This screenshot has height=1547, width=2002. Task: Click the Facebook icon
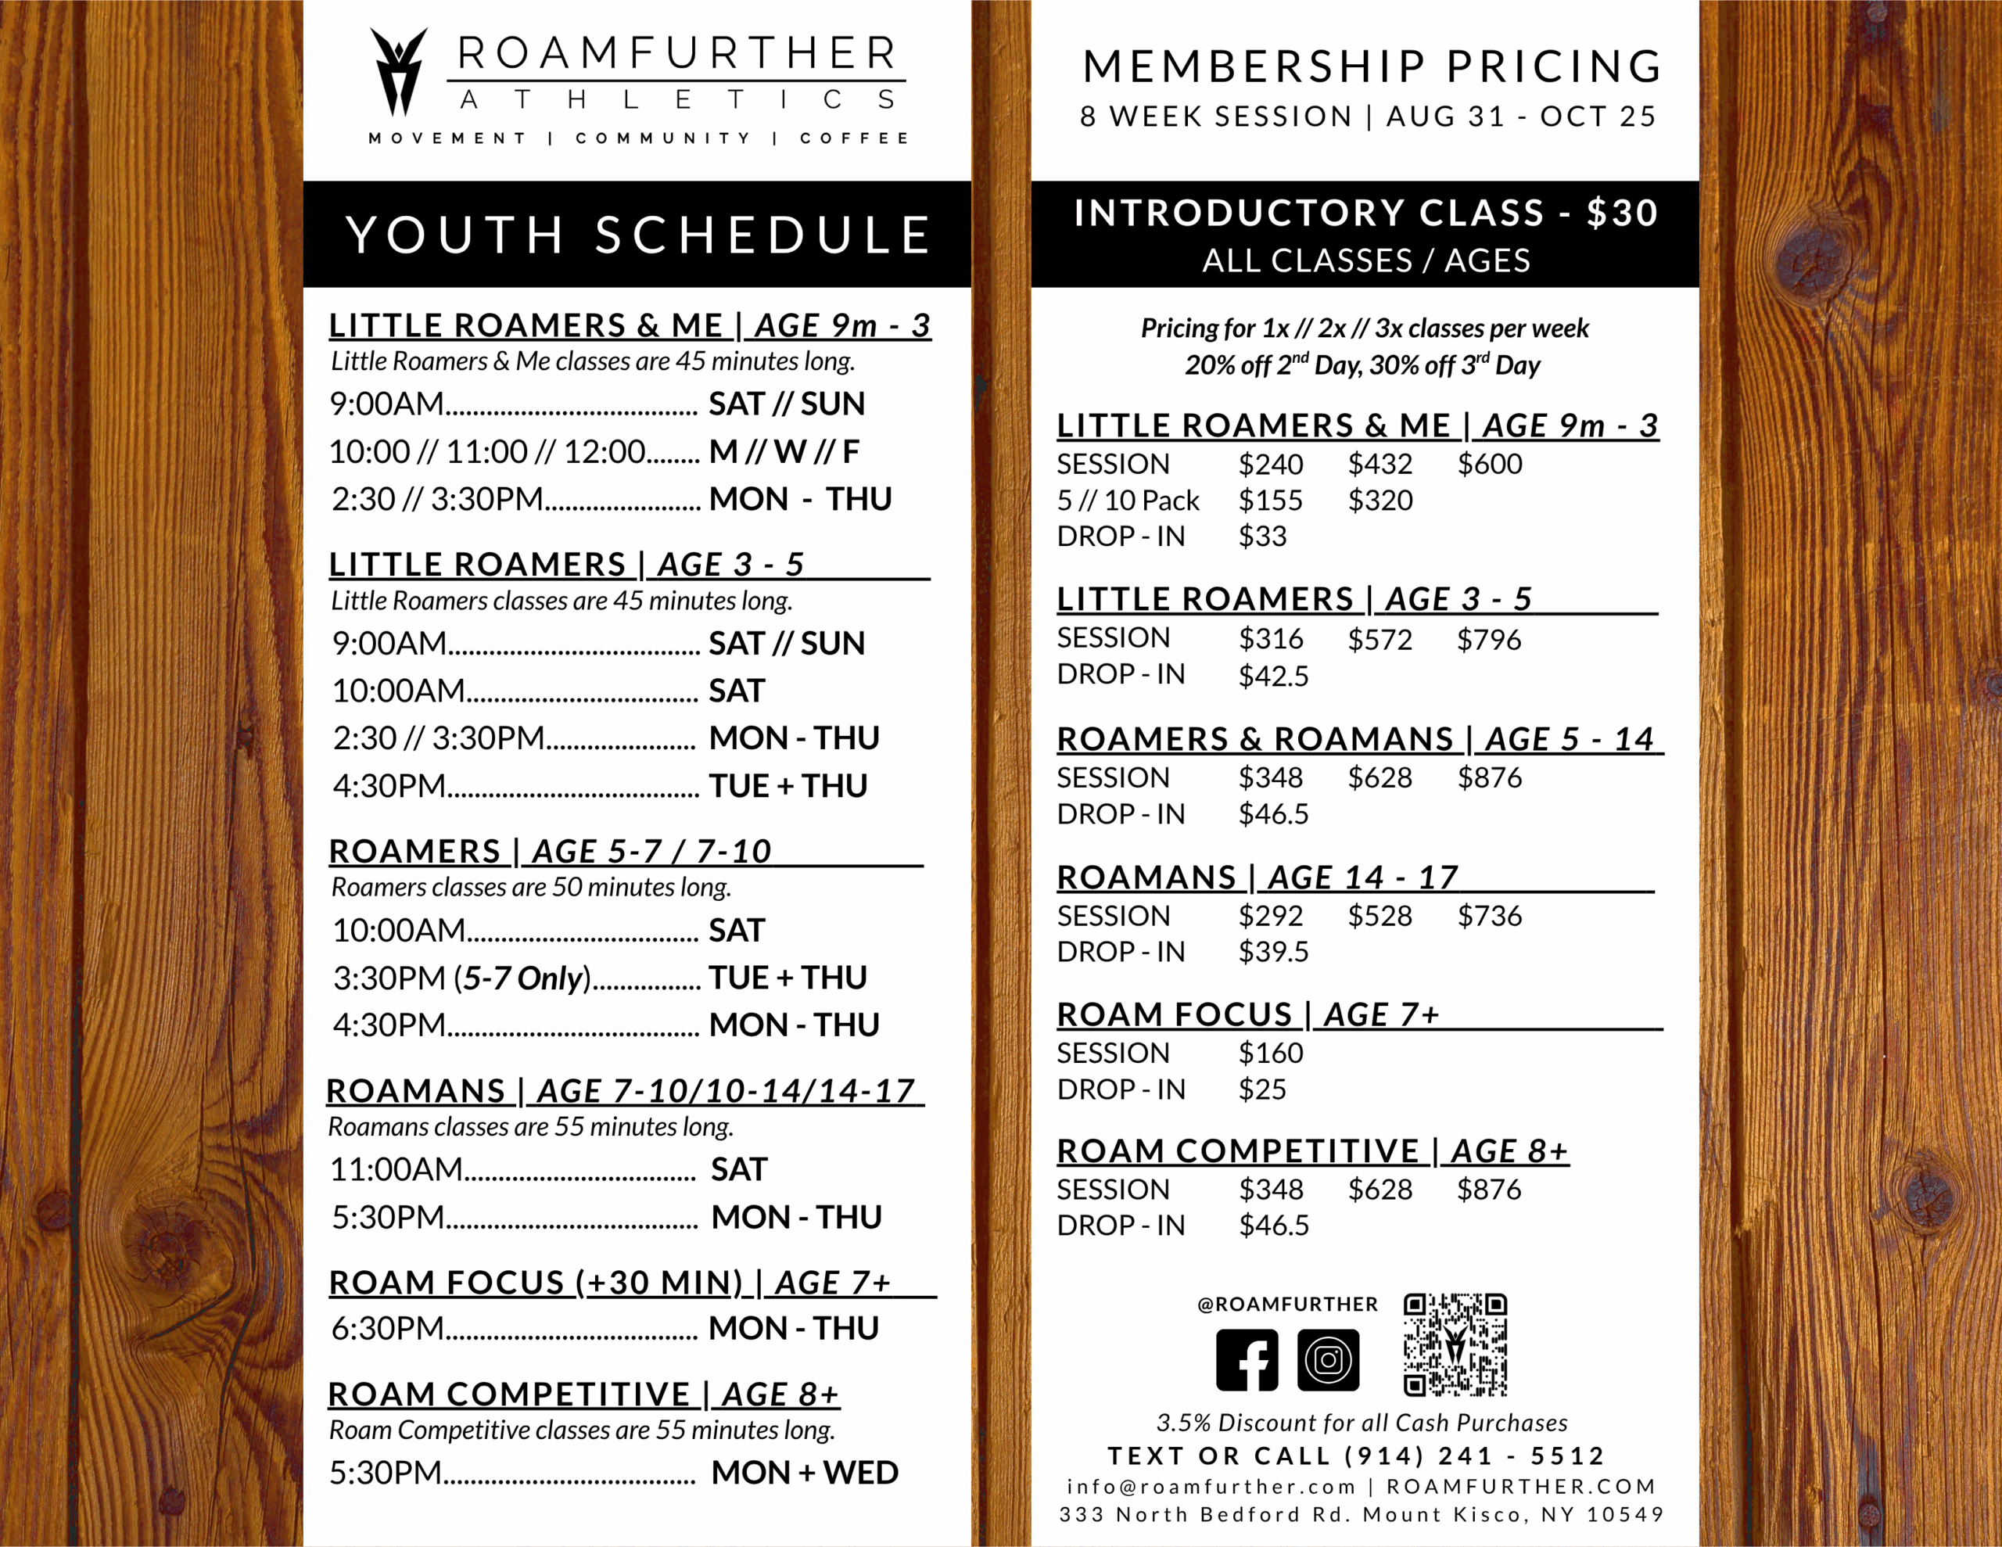click(x=1247, y=1360)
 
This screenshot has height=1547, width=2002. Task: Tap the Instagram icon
click(x=1328, y=1360)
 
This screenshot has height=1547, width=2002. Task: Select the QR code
click(x=1455, y=1344)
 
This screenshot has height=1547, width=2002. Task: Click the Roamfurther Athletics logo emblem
click(x=399, y=71)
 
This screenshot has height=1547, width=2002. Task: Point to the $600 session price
click(x=1490, y=464)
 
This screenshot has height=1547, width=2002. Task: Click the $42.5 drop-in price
click(x=1273, y=676)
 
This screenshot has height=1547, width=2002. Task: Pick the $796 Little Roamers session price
click(x=1489, y=639)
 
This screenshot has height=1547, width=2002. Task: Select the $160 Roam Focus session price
click(x=1271, y=1053)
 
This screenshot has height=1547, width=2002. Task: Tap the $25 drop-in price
click(x=1262, y=1089)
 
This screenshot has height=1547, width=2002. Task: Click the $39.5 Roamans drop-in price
click(x=1273, y=952)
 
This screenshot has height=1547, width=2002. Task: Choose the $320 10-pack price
click(x=1380, y=501)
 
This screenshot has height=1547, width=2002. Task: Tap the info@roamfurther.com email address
click(x=1210, y=1487)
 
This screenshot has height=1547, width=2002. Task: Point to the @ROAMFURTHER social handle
click(x=1287, y=1304)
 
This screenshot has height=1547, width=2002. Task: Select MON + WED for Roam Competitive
click(x=804, y=1473)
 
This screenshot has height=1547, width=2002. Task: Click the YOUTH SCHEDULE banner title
click(x=638, y=235)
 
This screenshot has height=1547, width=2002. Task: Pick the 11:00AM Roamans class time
click(x=396, y=1169)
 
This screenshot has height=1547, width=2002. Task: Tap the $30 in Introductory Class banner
click(x=1622, y=213)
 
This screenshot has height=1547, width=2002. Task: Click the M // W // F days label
click(x=784, y=451)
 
